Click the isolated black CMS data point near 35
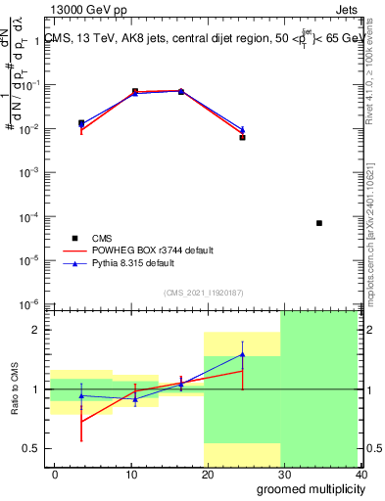[x=319, y=223]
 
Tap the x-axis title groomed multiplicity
[x=307, y=488]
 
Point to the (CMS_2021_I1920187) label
[x=203, y=292]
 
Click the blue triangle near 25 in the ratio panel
[x=242, y=354]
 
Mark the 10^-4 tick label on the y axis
[x=31, y=216]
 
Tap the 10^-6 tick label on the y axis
[x=31, y=304]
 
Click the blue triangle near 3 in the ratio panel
[x=81, y=395]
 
